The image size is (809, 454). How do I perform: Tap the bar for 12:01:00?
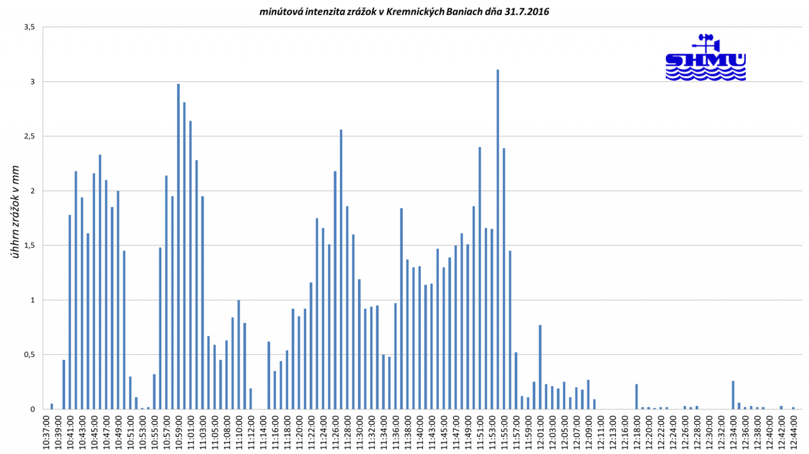pos(540,367)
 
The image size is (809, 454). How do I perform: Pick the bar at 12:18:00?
pos(637,397)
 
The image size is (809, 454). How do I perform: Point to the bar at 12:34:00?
pos(733,395)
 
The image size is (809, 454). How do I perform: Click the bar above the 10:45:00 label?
pos(94,291)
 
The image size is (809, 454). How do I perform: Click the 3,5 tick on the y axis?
pos(29,27)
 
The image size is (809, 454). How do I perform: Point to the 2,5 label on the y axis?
pos(29,137)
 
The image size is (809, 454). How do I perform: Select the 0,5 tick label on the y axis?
pos(29,355)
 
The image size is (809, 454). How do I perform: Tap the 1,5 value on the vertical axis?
pos(29,245)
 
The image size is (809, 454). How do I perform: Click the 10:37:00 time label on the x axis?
pos(46,431)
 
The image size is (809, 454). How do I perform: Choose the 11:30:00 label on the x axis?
pos(359,431)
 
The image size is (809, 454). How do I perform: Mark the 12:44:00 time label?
pos(794,431)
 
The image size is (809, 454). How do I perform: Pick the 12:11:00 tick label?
pos(601,431)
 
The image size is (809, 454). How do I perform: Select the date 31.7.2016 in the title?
pos(526,12)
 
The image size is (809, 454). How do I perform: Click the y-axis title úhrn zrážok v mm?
pos(16,212)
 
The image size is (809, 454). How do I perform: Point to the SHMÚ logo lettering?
pos(705,61)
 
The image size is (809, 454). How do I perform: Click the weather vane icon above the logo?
pos(707,42)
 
